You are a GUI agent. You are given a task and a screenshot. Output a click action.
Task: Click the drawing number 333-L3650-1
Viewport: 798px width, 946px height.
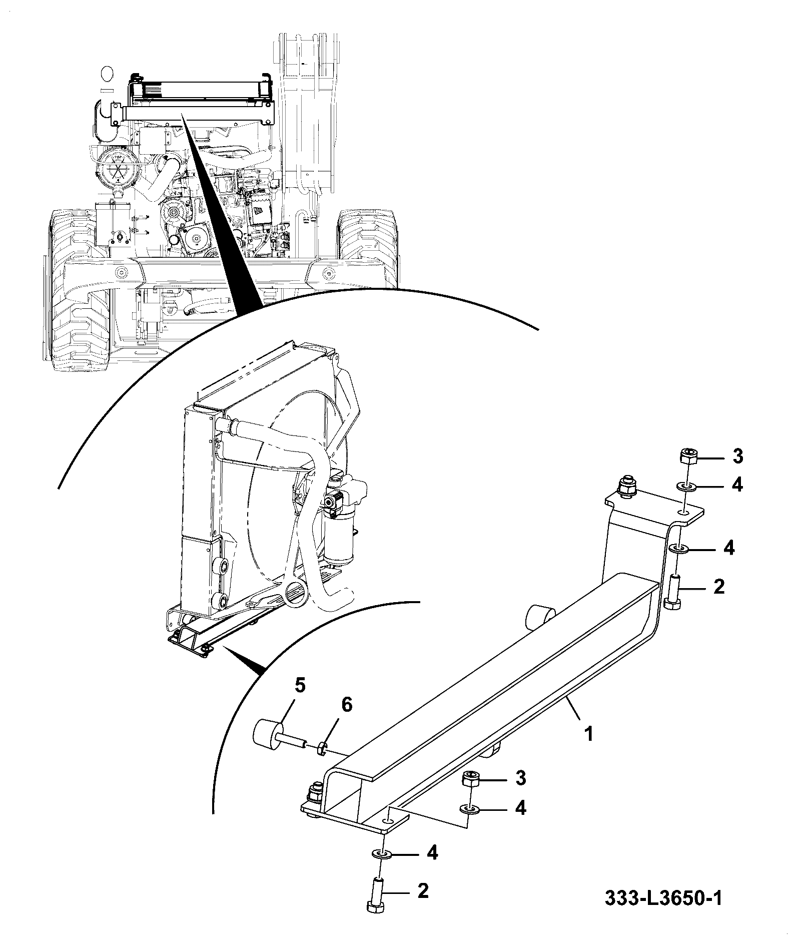click(x=663, y=898)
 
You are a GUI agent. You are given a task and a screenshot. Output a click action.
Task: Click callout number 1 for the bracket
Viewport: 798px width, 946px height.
click(x=589, y=734)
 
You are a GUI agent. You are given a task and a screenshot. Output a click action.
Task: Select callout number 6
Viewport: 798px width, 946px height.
click(x=347, y=705)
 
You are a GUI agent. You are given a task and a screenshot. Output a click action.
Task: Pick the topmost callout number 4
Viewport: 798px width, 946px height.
click(x=737, y=485)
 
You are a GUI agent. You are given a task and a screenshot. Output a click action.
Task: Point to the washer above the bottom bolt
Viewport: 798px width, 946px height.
click(x=382, y=853)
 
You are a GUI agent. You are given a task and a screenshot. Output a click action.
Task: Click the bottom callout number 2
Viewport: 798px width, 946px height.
click(x=423, y=890)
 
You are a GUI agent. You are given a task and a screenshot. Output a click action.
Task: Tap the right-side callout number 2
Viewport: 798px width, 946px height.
click(x=718, y=587)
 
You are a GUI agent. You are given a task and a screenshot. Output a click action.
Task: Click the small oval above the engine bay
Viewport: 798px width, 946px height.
click(x=107, y=74)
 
